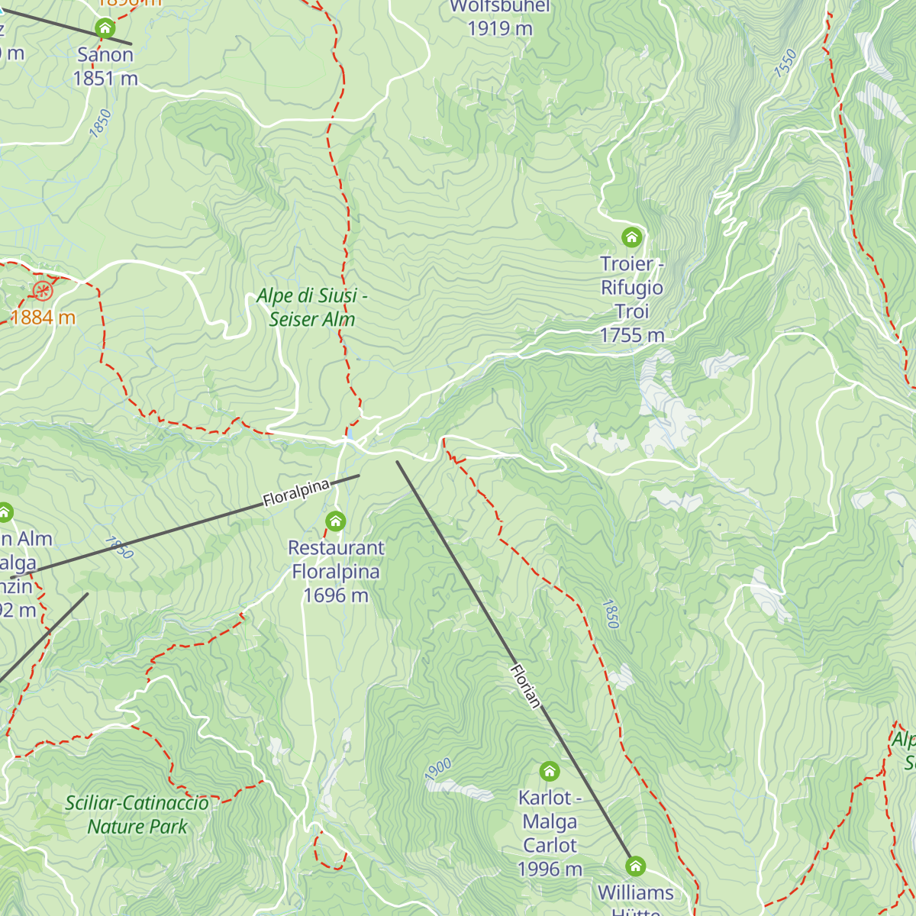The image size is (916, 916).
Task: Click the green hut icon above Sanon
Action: click(x=105, y=29)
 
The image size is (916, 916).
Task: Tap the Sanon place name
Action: click(x=105, y=55)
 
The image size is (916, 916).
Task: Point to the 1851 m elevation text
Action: click(x=105, y=78)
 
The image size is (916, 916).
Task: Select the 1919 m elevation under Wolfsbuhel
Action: click(x=500, y=28)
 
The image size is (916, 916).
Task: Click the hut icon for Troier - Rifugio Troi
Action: click(x=631, y=237)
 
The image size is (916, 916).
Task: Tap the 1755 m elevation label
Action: click(x=632, y=335)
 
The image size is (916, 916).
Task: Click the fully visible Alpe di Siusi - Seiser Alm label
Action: click(x=312, y=307)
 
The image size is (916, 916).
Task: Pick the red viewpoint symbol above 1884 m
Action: click(x=43, y=290)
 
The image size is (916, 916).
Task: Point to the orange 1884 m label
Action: click(x=43, y=318)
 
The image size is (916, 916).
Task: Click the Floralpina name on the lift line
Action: click(x=296, y=493)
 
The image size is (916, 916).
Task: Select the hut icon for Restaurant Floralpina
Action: click(x=335, y=521)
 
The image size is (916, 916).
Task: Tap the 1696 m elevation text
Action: click(x=336, y=595)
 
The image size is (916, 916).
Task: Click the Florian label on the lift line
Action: click(x=525, y=685)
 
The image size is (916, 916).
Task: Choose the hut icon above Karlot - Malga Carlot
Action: click(x=550, y=771)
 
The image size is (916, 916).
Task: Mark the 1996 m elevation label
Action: click(x=550, y=869)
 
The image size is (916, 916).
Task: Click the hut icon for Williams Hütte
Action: click(x=635, y=866)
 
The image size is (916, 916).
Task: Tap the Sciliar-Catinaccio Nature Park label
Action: click(x=137, y=814)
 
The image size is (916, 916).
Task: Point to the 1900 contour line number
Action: click(x=438, y=769)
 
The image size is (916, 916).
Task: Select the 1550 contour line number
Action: click(x=785, y=63)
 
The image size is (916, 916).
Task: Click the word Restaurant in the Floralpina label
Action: click(x=336, y=548)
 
